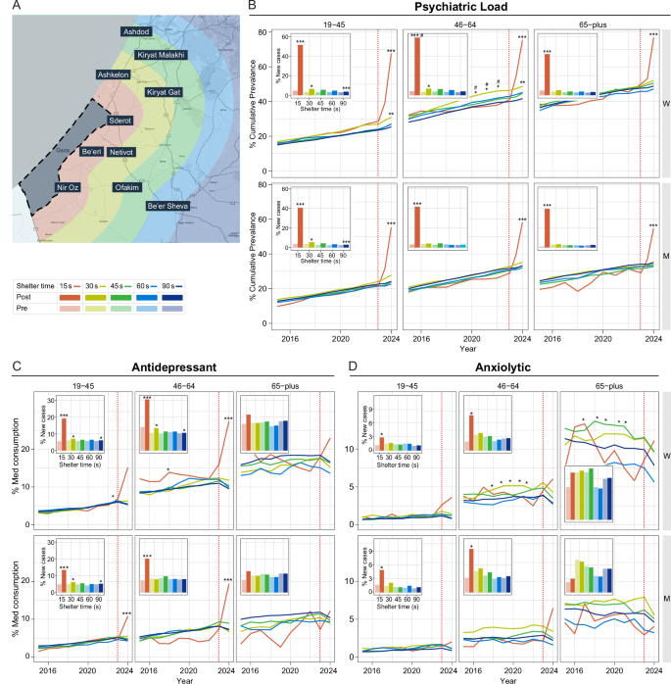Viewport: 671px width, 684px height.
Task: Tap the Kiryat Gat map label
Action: (x=164, y=92)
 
